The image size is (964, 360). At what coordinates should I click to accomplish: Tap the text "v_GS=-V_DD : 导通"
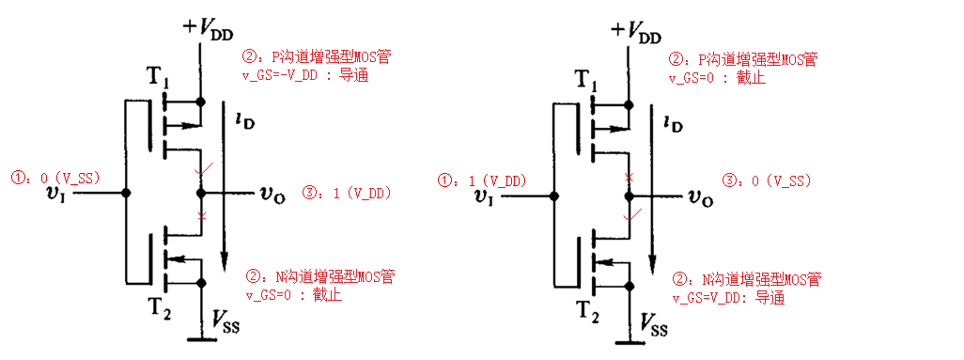[x=306, y=75]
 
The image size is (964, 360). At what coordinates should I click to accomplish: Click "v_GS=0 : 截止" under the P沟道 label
[x=717, y=77]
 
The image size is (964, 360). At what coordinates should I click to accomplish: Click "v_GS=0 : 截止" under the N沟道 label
[x=293, y=295]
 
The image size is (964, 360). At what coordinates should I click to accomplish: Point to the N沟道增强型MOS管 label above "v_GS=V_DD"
[x=748, y=279]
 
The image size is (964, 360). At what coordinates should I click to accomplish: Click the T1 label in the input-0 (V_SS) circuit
[x=157, y=79]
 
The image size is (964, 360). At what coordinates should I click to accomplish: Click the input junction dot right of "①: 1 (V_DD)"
[x=554, y=196]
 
